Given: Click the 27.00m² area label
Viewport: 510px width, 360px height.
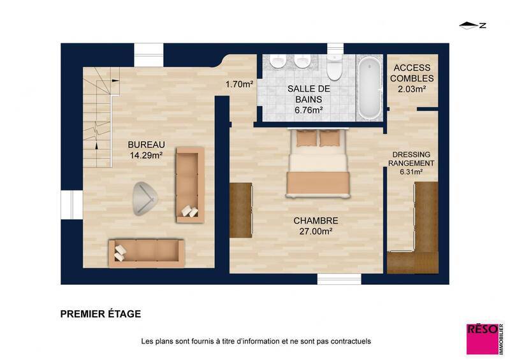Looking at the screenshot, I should click(x=316, y=232).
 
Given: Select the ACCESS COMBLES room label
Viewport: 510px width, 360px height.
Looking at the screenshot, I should click(x=412, y=73).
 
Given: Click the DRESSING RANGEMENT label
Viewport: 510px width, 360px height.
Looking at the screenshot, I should click(x=412, y=159).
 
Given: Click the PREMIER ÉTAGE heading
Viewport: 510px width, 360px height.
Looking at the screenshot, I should click(x=101, y=314).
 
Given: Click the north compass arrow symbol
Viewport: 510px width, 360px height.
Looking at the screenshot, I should click(x=472, y=25).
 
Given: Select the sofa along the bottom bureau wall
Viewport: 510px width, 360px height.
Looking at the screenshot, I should click(x=146, y=250).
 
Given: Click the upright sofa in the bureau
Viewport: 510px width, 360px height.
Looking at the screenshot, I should click(x=189, y=184).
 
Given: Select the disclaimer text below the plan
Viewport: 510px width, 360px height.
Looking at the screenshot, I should click(x=256, y=342).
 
